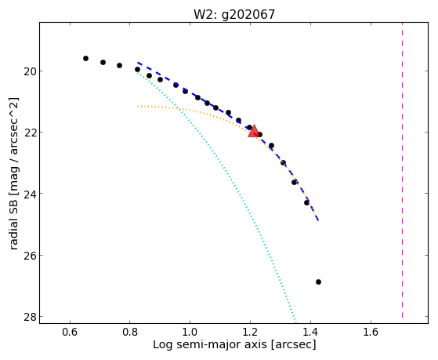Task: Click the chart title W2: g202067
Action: (x=234, y=14)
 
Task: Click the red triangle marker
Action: (x=254, y=132)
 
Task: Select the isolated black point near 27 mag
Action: (x=318, y=282)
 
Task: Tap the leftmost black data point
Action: (x=85, y=58)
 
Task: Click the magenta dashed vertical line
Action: (x=402, y=170)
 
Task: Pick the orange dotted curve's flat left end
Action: (x=138, y=107)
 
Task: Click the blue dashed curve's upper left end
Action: (x=138, y=63)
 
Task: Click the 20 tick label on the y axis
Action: (x=29, y=71)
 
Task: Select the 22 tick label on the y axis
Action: (x=29, y=133)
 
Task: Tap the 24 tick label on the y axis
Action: (x=29, y=194)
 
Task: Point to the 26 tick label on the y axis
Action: (x=29, y=256)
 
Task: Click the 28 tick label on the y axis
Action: (x=29, y=317)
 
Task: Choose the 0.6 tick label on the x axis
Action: (x=70, y=332)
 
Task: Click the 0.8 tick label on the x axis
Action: (x=130, y=332)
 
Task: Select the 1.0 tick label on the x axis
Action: (x=190, y=332)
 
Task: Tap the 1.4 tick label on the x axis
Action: (x=310, y=332)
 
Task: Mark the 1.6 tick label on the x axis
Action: (x=371, y=332)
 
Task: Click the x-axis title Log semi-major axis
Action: (x=210, y=344)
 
